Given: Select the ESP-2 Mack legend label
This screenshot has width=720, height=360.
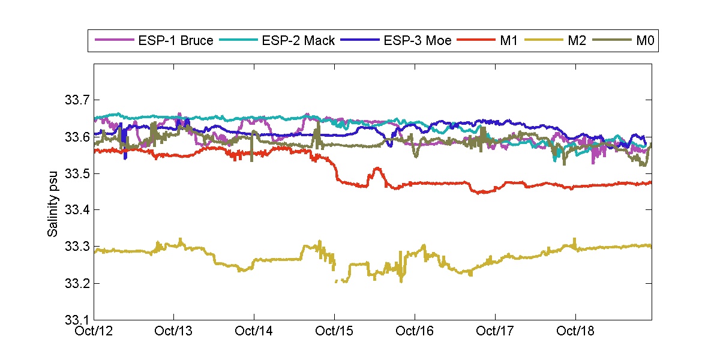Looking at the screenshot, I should click(x=298, y=41).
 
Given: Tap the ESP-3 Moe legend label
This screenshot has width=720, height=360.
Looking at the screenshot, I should click(x=417, y=41).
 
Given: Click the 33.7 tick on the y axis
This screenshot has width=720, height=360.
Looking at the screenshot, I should click(x=77, y=100).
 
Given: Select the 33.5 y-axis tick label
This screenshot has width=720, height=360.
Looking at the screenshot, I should click(x=77, y=173).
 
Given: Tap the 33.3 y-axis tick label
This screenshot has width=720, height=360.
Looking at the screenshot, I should click(x=77, y=247).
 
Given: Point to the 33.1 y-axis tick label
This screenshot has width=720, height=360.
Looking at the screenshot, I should click(x=77, y=320).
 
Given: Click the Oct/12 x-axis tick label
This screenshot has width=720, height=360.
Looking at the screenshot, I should click(x=94, y=331).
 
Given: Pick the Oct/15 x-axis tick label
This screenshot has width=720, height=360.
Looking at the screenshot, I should click(x=335, y=331).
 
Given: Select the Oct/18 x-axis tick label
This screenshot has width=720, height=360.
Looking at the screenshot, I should click(x=575, y=331).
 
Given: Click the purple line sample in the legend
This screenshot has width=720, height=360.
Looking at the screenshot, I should click(x=114, y=41).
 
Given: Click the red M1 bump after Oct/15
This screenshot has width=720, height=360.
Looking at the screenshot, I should click(x=376, y=170).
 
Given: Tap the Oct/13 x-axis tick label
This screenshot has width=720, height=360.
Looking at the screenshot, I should click(x=174, y=331).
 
